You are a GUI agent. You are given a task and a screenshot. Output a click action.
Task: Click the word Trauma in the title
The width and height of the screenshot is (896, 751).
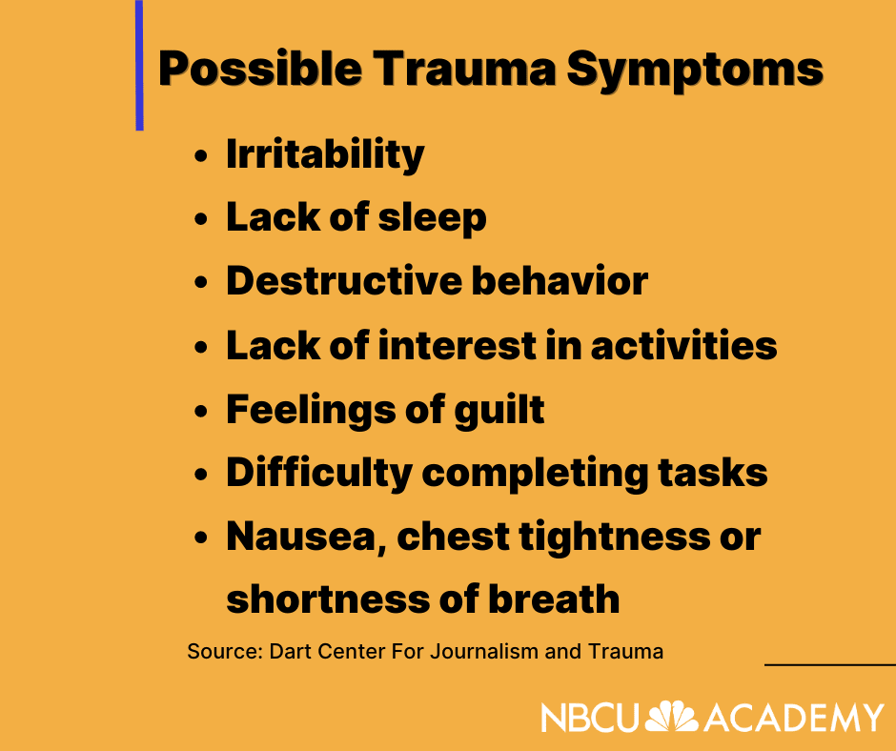(x=464, y=69)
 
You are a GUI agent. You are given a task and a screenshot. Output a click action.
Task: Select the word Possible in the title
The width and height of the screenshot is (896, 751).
(x=260, y=69)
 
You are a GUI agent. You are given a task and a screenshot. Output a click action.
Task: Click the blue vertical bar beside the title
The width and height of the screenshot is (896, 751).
(x=139, y=65)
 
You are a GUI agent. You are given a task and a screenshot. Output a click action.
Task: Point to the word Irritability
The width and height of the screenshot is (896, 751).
(x=325, y=154)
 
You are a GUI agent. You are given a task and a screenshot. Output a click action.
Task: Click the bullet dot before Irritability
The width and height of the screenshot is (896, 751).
(x=200, y=155)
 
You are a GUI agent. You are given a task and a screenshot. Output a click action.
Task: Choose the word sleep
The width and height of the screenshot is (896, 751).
(x=432, y=217)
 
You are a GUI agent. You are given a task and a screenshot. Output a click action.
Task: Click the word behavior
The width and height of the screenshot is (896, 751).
(x=560, y=280)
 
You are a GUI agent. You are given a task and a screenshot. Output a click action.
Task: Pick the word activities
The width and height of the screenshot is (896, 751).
(x=684, y=345)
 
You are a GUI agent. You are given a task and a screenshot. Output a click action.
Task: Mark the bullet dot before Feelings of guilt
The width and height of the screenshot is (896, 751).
(x=200, y=411)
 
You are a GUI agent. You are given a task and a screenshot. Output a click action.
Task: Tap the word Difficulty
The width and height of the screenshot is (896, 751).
(x=319, y=475)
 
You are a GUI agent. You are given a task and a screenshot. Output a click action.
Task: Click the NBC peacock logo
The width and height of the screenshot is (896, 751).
(x=671, y=716)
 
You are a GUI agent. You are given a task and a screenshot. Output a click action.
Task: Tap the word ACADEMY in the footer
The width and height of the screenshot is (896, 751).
(x=794, y=718)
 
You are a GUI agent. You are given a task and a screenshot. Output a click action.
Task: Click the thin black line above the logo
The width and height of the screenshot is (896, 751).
(x=830, y=664)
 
